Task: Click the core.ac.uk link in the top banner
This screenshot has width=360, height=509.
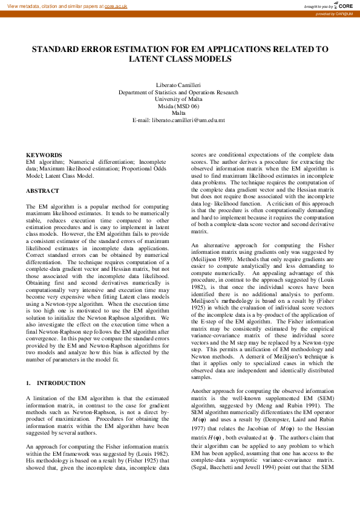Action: pyautogui.click(x=117, y=5)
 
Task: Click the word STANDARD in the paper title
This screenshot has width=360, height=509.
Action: pyautogui.click(x=57, y=50)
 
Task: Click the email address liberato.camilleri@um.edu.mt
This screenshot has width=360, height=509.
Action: pyautogui.click(x=178, y=120)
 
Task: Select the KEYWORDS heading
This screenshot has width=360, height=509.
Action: pyautogui.click(x=44, y=155)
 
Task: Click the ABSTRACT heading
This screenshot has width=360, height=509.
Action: pyautogui.click(x=43, y=191)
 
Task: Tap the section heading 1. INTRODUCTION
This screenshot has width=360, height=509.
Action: pyautogui.click(x=56, y=383)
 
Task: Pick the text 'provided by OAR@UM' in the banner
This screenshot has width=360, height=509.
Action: pyautogui.click(x=338, y=13)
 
